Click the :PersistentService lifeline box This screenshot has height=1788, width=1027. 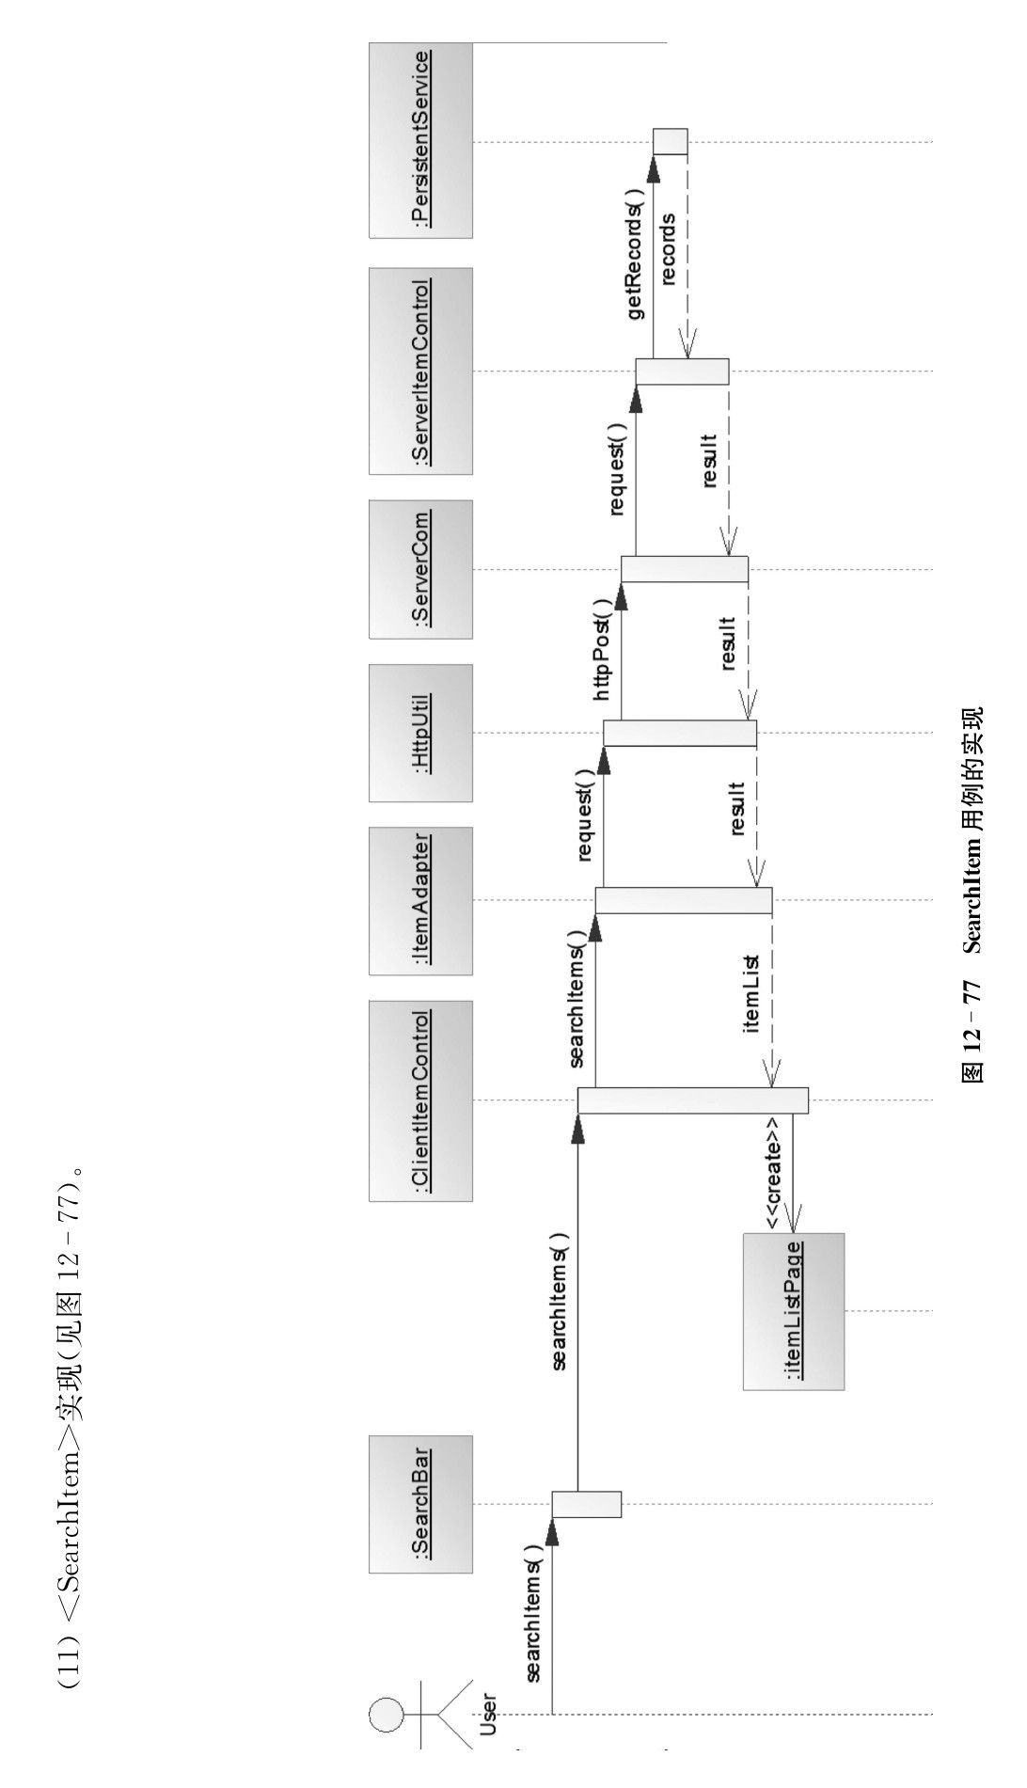(420, 140)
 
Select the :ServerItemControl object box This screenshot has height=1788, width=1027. (420, 371)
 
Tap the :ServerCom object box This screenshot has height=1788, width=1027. (420, 568)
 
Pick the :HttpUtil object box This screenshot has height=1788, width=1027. (420, 733)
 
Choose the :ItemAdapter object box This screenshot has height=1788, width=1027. (420, 900)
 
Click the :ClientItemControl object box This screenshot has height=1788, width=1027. (420, 1100)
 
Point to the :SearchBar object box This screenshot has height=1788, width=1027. (420, 1504)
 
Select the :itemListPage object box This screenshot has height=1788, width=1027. (793, 1311)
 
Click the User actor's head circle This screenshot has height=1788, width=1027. (386, 1714)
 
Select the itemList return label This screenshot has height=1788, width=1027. (752, 993)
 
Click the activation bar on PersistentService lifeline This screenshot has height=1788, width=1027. (671, 141)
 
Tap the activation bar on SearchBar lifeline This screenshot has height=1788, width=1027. (586, 1504)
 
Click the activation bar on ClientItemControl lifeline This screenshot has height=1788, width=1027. (692, 1100)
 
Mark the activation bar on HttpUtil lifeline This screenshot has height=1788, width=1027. (679, 733)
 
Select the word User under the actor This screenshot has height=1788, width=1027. (488, 1714)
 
